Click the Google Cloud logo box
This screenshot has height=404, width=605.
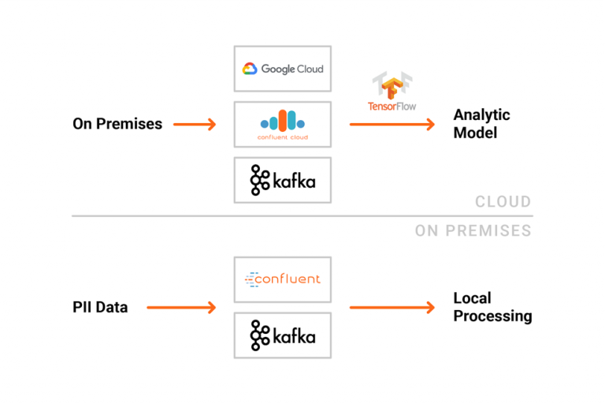pos(283,69)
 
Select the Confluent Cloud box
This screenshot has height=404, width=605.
pos(283,124)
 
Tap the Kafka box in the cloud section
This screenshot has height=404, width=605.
pos(283,181)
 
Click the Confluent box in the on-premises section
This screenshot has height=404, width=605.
pos(283,279)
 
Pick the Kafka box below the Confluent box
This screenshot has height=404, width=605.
pos(283,335)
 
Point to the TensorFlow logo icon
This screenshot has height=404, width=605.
pos(392,85)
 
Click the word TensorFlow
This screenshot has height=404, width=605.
pos(392,106)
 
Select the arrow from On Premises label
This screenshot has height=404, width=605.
pos(194,124)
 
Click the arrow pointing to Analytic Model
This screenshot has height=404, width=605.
pos(392,124)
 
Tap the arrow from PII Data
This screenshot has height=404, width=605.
pos(181,307)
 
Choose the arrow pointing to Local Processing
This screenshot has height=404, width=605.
pos(392,307)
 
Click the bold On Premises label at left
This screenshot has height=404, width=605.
pos(117,124)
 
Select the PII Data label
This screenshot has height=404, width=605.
pos(100,307)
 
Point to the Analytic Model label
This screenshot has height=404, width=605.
pos(481,124)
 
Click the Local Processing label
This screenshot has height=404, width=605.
pos(492,307)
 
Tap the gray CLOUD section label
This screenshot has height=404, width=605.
pos(503,202)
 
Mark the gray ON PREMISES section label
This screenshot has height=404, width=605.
pos(473,231)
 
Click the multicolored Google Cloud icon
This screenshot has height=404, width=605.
pos(250,69)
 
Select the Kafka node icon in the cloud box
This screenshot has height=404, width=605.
pos(260,181)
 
